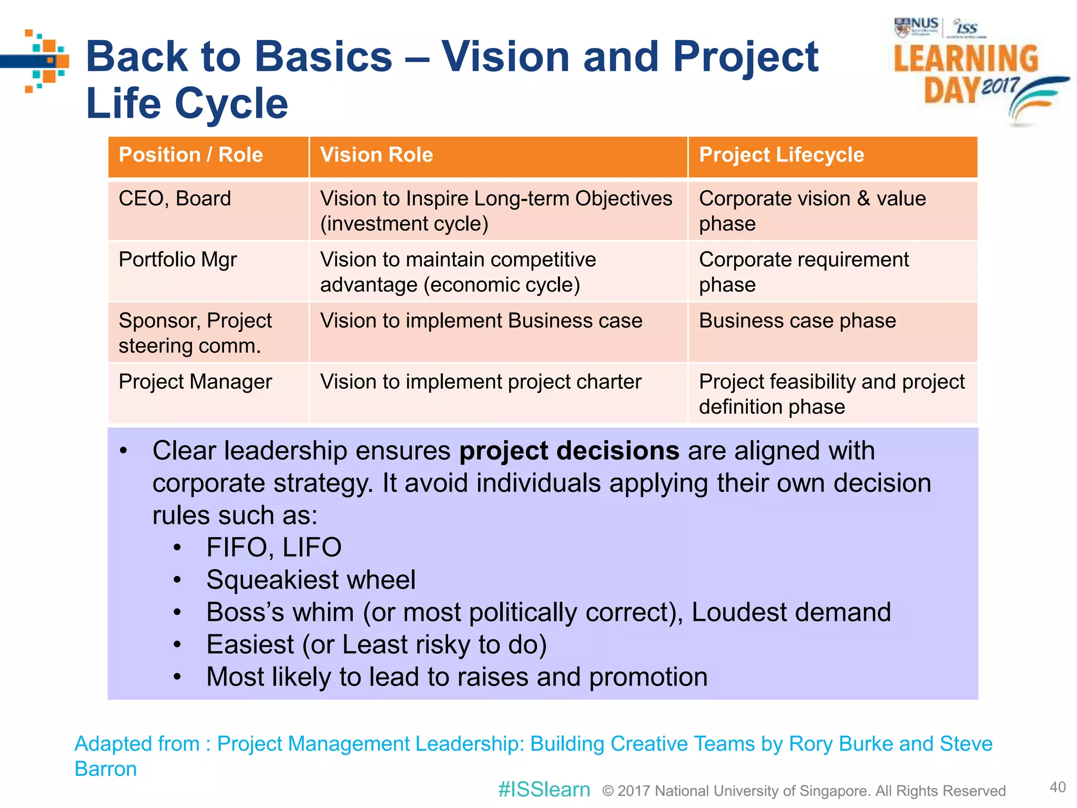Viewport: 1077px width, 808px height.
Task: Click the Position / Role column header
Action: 190,155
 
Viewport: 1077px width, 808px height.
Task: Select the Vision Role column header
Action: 377,155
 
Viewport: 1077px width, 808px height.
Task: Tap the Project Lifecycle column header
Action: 781,155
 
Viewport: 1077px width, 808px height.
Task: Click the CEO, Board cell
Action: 175,199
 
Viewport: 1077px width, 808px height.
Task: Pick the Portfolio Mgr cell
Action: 178,260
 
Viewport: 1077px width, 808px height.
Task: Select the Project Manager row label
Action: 195,382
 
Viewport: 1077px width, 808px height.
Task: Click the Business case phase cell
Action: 797,321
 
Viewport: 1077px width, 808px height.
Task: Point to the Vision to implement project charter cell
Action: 481,382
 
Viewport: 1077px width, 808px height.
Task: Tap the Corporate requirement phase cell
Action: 804,272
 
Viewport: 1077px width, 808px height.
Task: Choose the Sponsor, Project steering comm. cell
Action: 195,333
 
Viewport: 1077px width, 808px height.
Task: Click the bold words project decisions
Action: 569,451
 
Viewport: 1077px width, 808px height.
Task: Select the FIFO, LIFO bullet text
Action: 274,548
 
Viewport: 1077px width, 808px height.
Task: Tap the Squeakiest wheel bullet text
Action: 311,580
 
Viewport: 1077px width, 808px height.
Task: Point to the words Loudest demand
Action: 791,612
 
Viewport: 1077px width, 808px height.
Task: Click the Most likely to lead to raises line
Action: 456,677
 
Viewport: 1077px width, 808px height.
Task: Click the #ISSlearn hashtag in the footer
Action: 544,790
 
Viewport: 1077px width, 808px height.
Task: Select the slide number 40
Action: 1058,787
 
